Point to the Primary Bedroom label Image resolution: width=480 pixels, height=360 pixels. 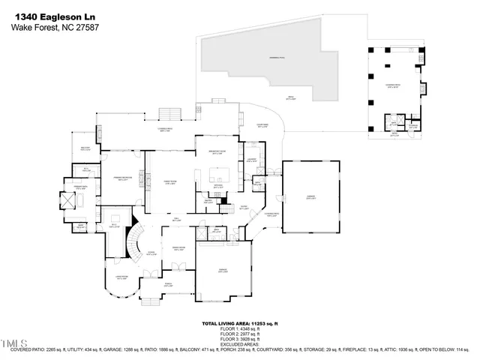click(x=121, y=178)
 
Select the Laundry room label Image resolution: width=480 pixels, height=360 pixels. click(x=252, y=160)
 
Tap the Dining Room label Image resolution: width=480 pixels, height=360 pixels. click(x=179, y=248)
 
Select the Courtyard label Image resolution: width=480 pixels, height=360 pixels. click(x=262, y=125)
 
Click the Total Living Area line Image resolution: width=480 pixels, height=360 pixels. click(x=239, y=322)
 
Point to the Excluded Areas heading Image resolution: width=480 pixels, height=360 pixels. click(x=239, y=343)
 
